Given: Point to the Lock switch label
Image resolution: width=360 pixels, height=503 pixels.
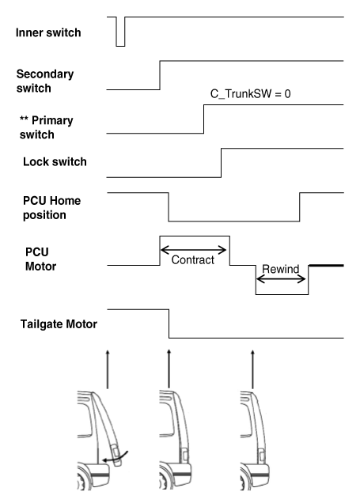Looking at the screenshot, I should coord(55,162).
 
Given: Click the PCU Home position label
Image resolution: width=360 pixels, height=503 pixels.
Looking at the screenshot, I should coord(51,206).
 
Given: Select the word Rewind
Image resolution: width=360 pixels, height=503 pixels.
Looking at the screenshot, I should coord(282,270).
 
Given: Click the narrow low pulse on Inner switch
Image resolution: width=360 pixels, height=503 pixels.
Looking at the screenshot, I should coord(120,31).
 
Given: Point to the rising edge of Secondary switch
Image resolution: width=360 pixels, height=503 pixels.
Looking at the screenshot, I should coord(161,74).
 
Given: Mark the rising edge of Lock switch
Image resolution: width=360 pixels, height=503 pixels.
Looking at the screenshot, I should coord(221,161).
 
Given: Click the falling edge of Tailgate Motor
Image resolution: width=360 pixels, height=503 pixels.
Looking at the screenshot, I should coord(169,323).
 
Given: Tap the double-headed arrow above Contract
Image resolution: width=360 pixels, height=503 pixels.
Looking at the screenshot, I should coord(195,248).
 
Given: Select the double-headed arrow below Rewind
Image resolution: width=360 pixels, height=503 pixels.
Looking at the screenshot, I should coord(282,278).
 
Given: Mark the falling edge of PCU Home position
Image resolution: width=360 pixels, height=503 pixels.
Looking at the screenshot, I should coord(169,207).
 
